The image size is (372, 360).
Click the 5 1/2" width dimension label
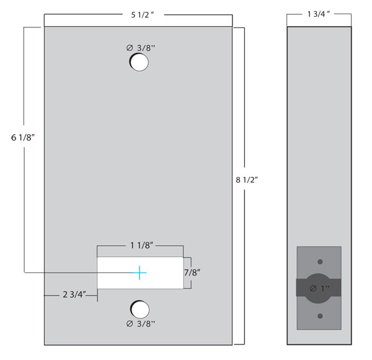pyautogui.click(x=143, y=15)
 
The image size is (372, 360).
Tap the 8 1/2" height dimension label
pyautogui.click(x=247, y=180)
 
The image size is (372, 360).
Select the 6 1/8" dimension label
pyautogui.click(x=23, y=138)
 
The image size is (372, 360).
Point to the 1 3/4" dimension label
pyautogui.click(x=319, y=14)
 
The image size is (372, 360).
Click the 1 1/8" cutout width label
pyautogui.click(x=141, y=245)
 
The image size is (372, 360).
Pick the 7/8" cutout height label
pyautogui.click(x=192, y=272)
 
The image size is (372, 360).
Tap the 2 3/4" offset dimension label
pyautogui.click(x=74, y=294)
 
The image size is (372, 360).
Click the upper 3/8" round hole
pyautogui.click(x=139, y=62)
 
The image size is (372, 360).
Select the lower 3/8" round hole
pyautogui.click(x=140, y=310)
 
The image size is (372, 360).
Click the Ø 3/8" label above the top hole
pyautogui.click(x=141, y=48)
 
